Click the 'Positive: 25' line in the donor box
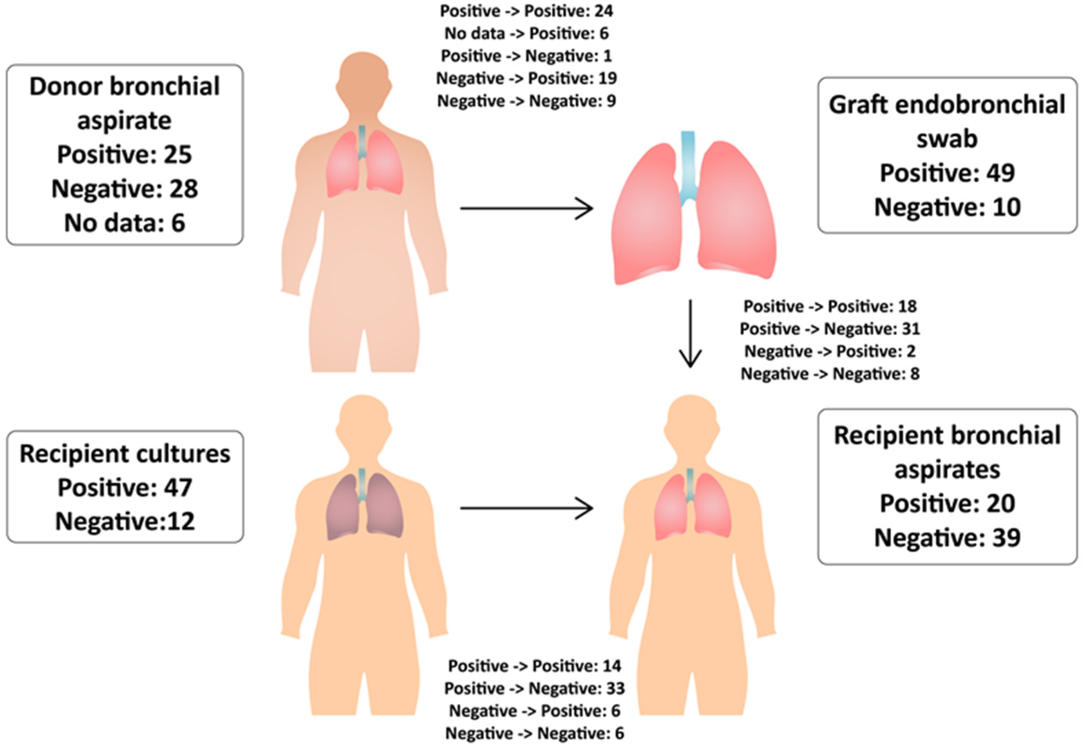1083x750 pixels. coord(125,155)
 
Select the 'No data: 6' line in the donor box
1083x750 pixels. coord(125,223)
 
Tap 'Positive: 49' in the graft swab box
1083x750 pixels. coord(947,173)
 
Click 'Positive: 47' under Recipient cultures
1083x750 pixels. coord(125,487)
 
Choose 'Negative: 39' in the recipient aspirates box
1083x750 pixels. coord(947,537)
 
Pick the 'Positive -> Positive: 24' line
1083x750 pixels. coord(527,11)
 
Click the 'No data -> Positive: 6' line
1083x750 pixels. coord(527,33)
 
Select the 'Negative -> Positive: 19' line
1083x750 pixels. coord(527,78)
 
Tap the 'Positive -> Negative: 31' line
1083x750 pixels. coord(830,329)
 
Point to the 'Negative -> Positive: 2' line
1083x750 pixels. coord(830,352)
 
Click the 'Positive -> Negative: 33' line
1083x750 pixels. coord(534,688)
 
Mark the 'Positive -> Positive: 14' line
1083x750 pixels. coord(534,666)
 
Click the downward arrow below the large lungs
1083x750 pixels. coord(690,334)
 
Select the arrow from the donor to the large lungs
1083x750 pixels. coord(527,208)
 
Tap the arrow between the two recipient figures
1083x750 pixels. coord(527,508)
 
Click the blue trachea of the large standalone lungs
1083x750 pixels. coord(688,164)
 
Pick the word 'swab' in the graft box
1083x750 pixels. coord(947,139)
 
